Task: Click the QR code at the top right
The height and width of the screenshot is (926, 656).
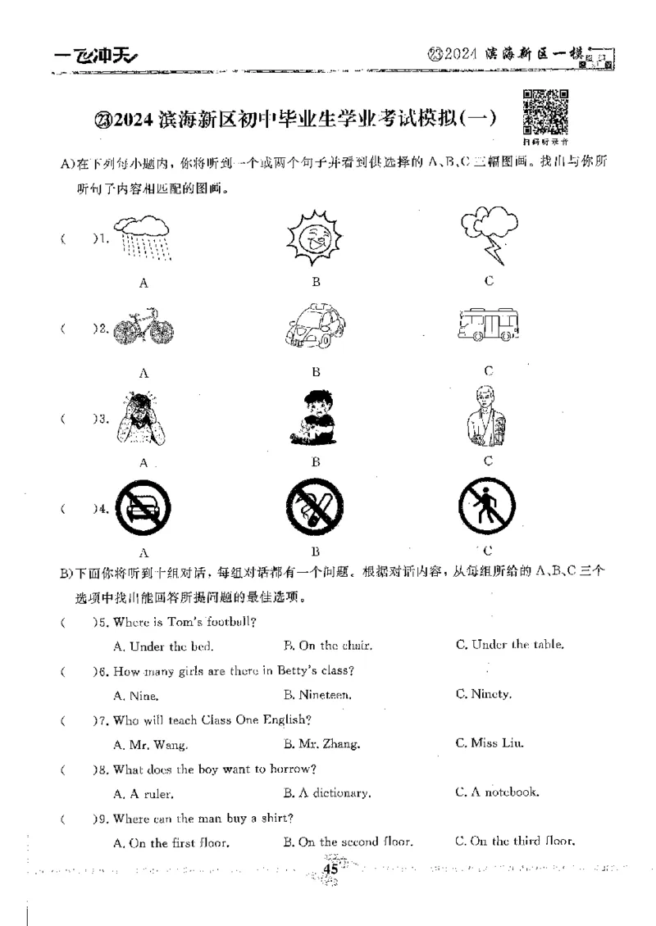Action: click(x=545, y=111)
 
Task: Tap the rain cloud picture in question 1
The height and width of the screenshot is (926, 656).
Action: click(x=143, y=238)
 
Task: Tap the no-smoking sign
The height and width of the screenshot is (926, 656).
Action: click(x=315, y=508)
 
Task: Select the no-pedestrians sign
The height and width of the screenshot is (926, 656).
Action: click(x=487, y=508)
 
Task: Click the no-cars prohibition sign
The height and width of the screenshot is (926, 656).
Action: click(x=143, y=509)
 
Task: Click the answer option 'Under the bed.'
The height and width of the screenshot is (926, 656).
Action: click(x=163, y=646)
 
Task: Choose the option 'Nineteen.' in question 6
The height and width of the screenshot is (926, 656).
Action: click(x=317, y=695)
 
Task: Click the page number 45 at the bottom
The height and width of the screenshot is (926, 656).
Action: click(x=331, y=869)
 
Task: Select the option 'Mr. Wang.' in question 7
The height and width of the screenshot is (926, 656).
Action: click(x=150, y=745)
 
